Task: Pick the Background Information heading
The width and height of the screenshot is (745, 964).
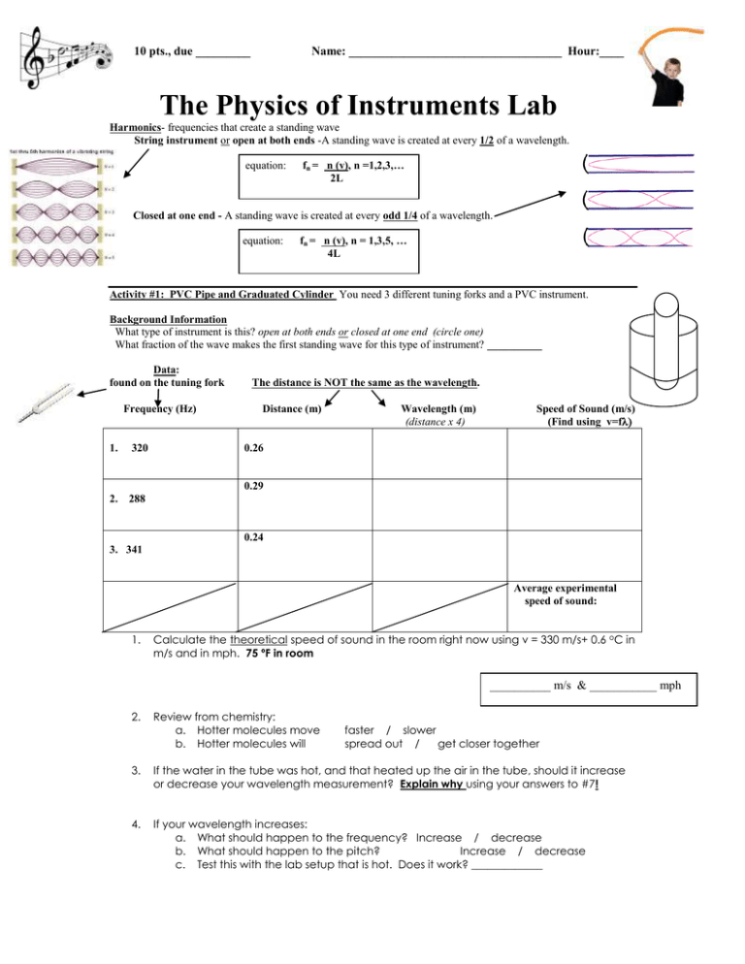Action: tap(170, 318)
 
